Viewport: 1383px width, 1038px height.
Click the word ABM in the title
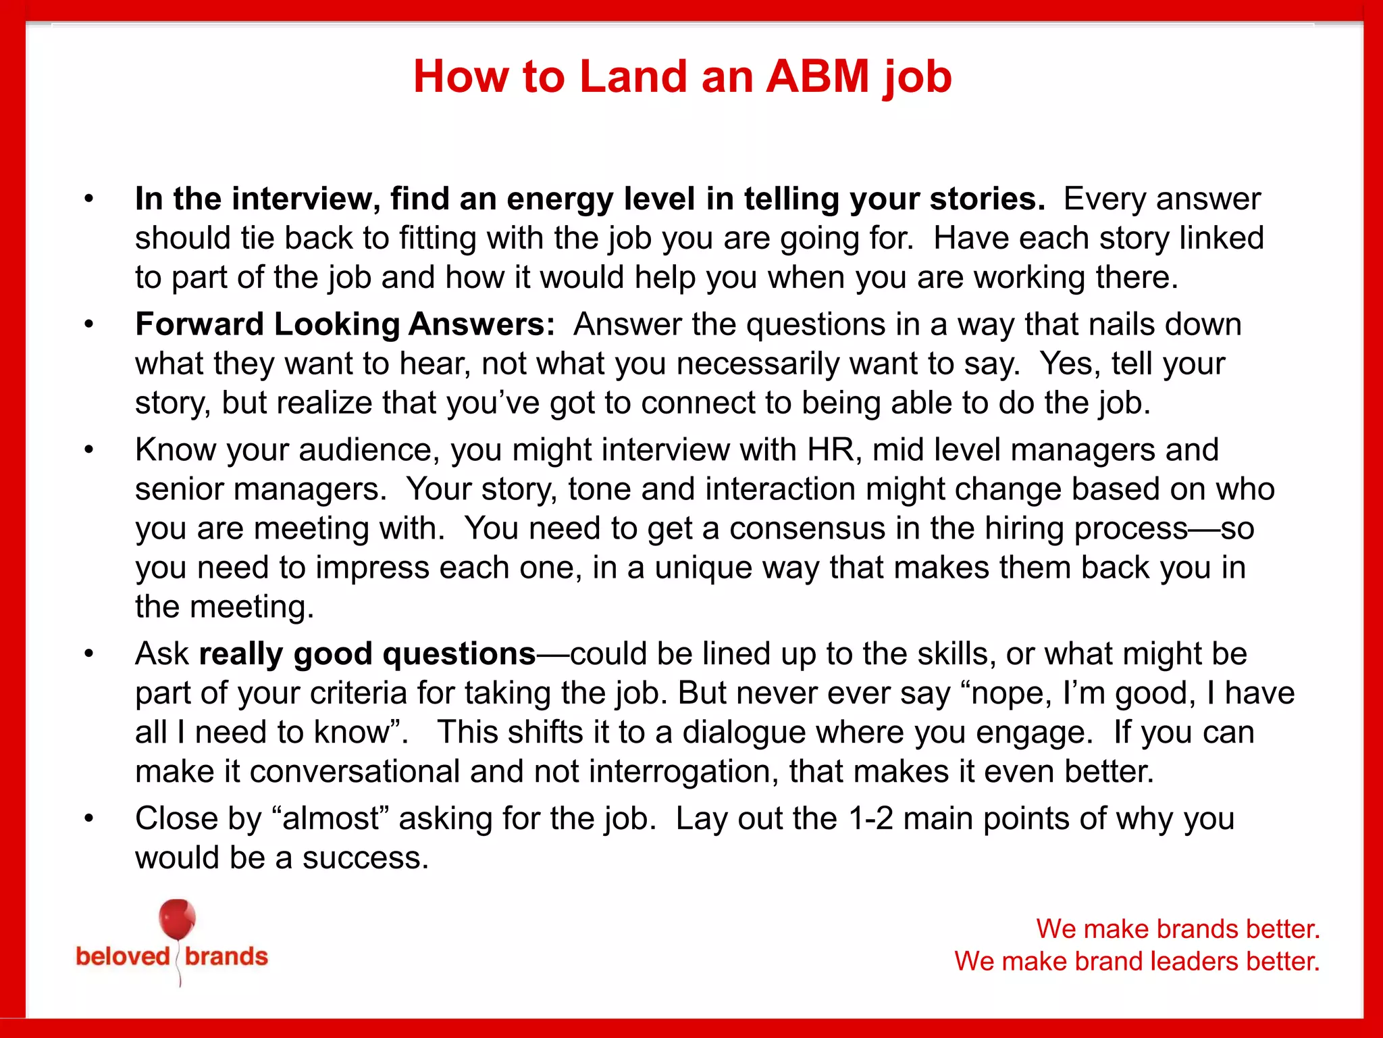817,76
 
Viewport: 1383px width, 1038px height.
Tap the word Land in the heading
633,76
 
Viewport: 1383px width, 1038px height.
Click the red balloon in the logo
177,919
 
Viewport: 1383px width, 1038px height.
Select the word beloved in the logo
123,956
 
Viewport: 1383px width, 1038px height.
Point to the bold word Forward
199,324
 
